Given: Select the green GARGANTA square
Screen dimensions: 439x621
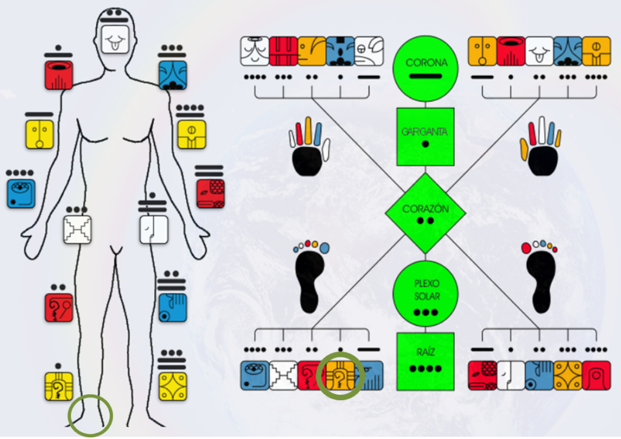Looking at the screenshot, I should [x=425, y=137].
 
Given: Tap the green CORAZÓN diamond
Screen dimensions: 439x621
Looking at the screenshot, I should [x=425, y=213].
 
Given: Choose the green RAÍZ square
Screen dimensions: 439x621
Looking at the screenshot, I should [x=425, y=361].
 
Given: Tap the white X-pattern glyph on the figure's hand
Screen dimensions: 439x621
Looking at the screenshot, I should [x=78, y=229].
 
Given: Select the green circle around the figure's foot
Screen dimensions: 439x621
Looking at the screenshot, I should [x=90, y=415].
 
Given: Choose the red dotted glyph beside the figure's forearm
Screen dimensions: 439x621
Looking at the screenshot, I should [x=210, y=193].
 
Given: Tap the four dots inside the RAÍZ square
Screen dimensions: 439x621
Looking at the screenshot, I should [x=425, y=369].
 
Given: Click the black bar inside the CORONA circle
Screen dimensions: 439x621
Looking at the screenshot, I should [x=425, y=76].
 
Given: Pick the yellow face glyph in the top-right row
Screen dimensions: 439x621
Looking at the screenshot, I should [x=482, y=52].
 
